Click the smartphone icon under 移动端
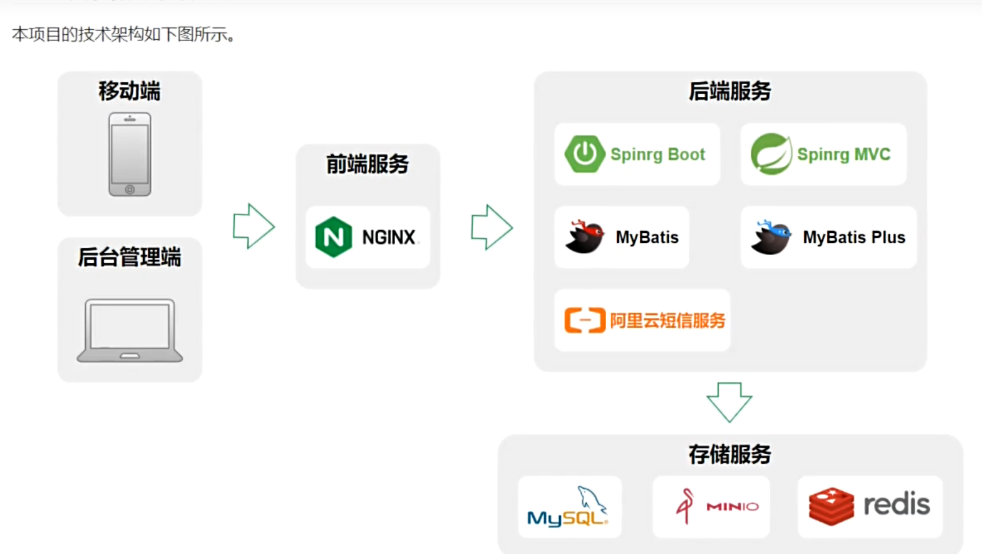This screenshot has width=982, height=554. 130,154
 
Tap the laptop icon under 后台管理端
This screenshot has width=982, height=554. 130,330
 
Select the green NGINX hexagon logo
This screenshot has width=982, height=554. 334,237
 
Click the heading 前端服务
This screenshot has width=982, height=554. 368,164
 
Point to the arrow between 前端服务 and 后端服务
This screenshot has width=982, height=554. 491,227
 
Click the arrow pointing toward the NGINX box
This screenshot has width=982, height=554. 253,226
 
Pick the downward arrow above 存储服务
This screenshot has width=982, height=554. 729,402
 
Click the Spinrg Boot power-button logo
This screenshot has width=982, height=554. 584,154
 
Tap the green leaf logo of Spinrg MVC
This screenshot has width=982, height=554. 771,154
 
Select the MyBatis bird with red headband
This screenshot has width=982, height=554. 584,237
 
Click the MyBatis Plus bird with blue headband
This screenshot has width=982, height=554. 771,237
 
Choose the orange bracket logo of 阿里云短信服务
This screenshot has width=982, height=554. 584,320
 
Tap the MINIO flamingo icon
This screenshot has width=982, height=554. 685,506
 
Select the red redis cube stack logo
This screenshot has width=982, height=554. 831,506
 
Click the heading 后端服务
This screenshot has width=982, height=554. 730,91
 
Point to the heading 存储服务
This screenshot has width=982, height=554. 730,455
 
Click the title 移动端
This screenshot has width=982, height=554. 129,91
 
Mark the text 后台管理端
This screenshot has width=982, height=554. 129,257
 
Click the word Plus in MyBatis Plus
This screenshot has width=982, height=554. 888,237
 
